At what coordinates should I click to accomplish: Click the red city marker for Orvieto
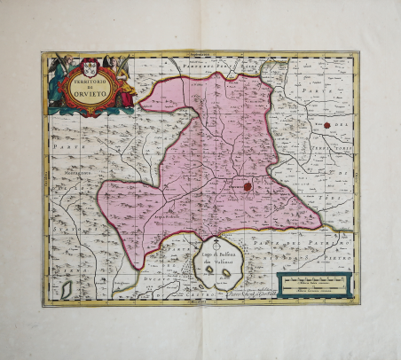248,186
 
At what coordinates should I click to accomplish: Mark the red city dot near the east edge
327,125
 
